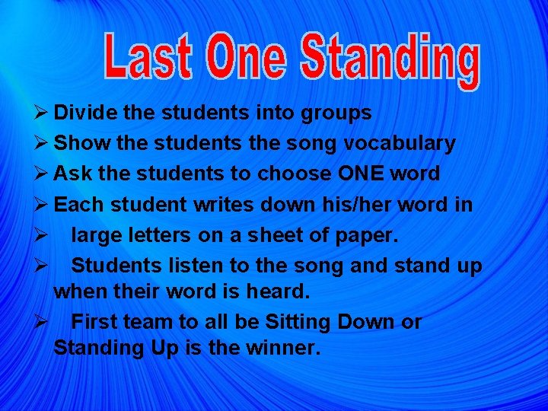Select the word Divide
click(86, 113)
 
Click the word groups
click(338, 113)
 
